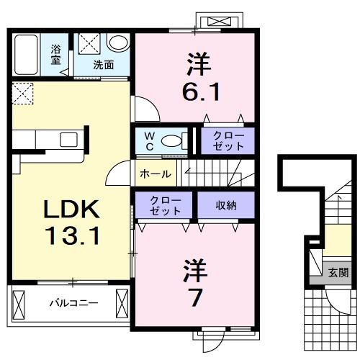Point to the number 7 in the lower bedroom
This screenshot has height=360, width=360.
point(195,295)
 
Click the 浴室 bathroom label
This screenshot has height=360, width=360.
point(55,55)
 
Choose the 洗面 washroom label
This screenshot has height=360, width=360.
point(104,64)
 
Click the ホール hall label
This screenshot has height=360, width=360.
point(155,174)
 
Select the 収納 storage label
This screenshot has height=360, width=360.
point(226,204)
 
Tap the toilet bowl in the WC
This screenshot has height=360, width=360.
point(174,141)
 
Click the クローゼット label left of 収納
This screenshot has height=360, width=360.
point(164,204)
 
